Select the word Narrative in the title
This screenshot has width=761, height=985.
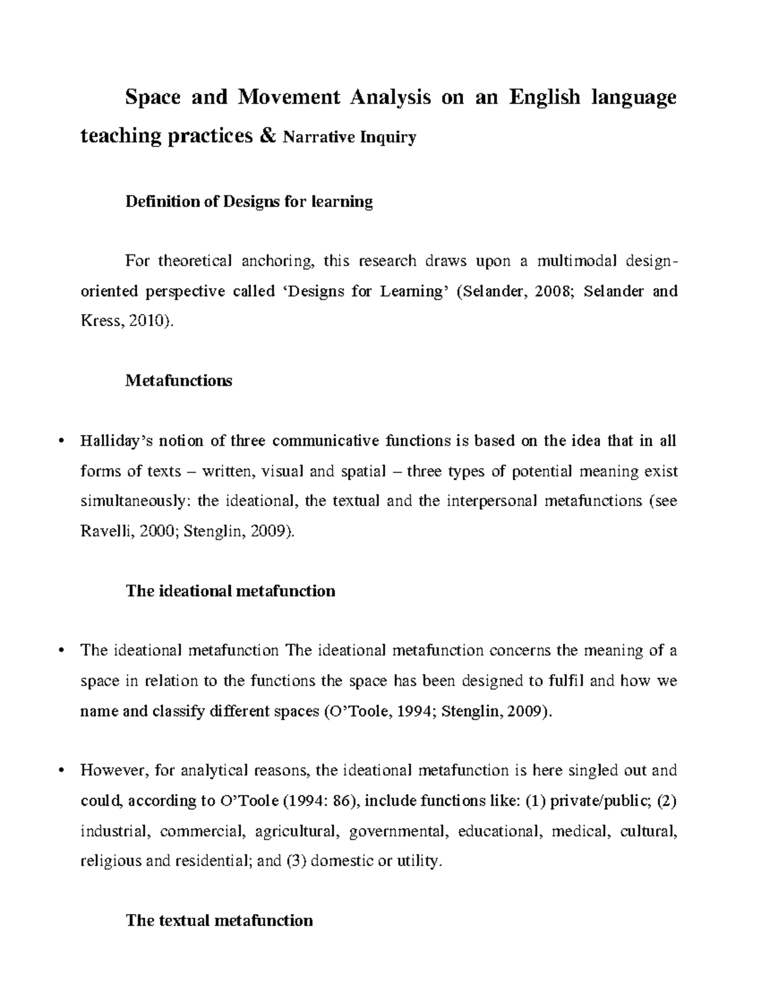[310, 137]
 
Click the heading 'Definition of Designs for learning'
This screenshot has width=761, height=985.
[249, 202]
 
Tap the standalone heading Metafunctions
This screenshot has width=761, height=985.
[179, 381]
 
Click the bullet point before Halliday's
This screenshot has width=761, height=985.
[61, 441]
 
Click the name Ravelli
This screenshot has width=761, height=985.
[103, 531]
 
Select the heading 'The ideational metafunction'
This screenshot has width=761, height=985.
[230, 591]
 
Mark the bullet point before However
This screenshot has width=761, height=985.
[61, 771]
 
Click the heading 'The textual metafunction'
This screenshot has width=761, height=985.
[219, 920]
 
